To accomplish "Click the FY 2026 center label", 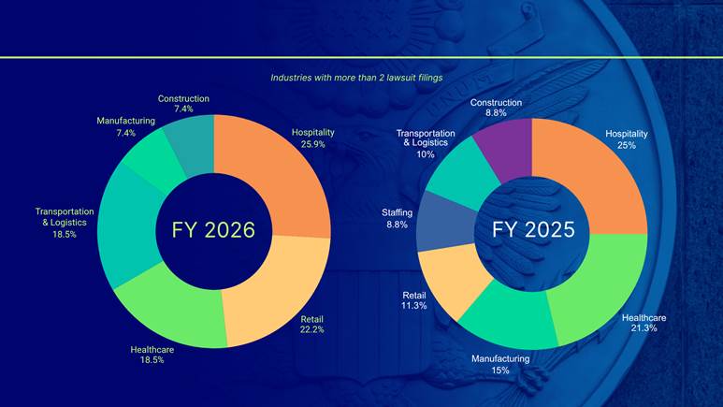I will tap(213, 229).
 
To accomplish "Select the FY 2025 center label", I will tap(533, 229).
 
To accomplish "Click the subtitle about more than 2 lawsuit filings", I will tap(356, 78).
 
